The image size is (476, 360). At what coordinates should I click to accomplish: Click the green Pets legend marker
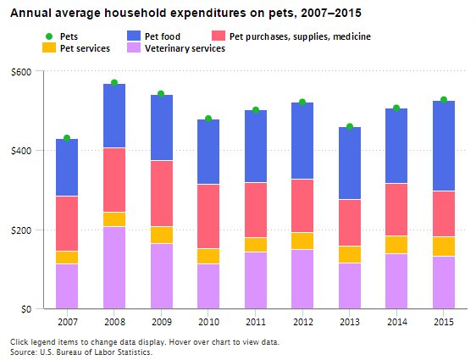(49, 36)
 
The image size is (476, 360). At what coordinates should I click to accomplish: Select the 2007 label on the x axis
(67, 321)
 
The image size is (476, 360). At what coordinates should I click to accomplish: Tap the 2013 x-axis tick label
(349, 321)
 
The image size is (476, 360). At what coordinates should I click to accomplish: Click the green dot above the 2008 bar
(114, 83)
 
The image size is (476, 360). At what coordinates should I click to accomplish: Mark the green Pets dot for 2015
(443, 100)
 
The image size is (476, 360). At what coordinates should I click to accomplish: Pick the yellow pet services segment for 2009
(161, 235)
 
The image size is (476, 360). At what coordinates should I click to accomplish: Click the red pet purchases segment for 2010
(208, 216)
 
